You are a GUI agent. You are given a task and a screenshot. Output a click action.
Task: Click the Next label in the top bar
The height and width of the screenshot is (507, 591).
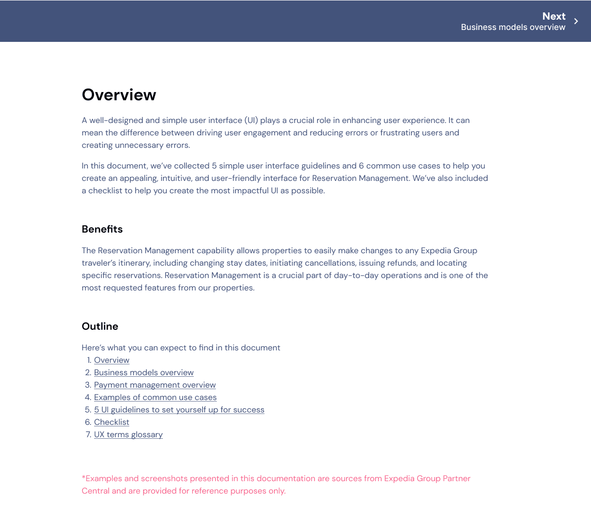(554, 16)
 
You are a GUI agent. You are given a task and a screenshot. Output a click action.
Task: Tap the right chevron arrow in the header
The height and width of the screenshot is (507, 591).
(576, 21)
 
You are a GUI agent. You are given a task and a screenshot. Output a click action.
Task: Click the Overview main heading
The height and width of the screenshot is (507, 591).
(119, 95)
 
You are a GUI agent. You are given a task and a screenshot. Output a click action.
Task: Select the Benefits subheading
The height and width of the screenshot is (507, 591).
(102, 229)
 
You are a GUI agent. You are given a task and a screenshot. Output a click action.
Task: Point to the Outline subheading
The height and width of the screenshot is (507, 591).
(100, 326)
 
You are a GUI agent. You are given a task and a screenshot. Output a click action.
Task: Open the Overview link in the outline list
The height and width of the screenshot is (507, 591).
(112, 360)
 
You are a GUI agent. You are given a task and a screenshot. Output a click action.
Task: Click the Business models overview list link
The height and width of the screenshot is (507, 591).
(144, 373)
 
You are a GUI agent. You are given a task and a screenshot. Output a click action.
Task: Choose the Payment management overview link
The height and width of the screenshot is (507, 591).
(155, 385)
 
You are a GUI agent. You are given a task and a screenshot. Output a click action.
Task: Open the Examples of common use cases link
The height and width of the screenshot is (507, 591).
(155, 397)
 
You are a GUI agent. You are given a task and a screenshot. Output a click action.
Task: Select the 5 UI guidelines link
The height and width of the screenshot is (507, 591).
(179, 410)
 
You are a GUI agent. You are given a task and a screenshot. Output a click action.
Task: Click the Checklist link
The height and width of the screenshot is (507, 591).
(112, 422)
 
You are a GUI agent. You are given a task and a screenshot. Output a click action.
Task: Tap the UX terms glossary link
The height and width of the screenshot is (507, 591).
(128, 435)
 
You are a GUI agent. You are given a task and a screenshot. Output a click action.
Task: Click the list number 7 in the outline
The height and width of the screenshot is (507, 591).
(88, 435)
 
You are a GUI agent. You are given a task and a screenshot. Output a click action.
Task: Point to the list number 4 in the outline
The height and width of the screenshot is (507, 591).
(88, 397)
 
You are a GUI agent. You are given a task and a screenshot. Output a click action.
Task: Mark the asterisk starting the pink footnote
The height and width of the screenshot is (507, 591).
(83, 478)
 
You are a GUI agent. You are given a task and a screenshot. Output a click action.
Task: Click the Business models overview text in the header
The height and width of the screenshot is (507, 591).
(513, 27)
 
